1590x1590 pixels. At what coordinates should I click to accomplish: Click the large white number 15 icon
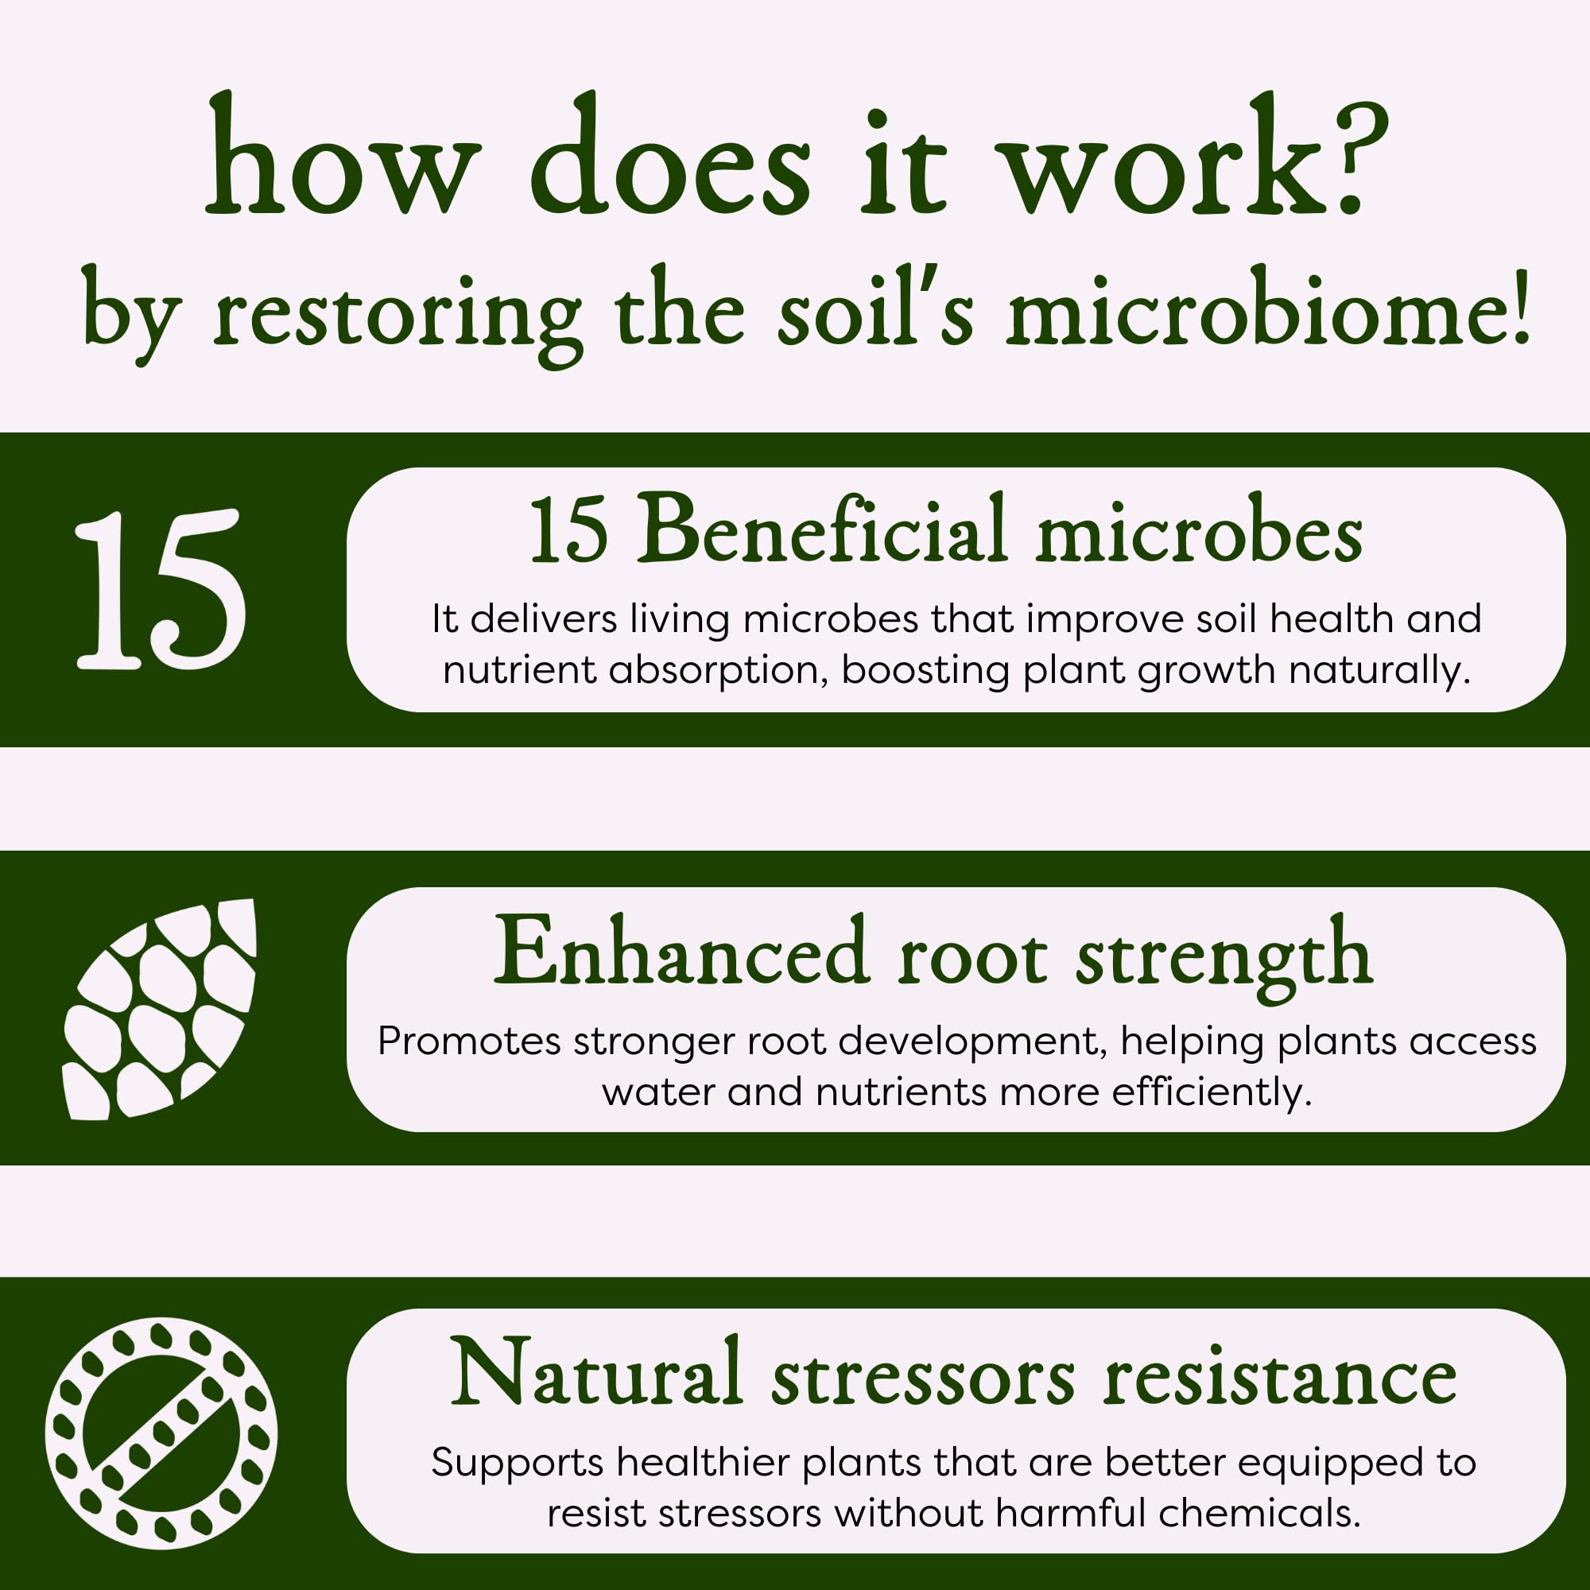160,589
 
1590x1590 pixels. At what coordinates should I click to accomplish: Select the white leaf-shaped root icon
160,1009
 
